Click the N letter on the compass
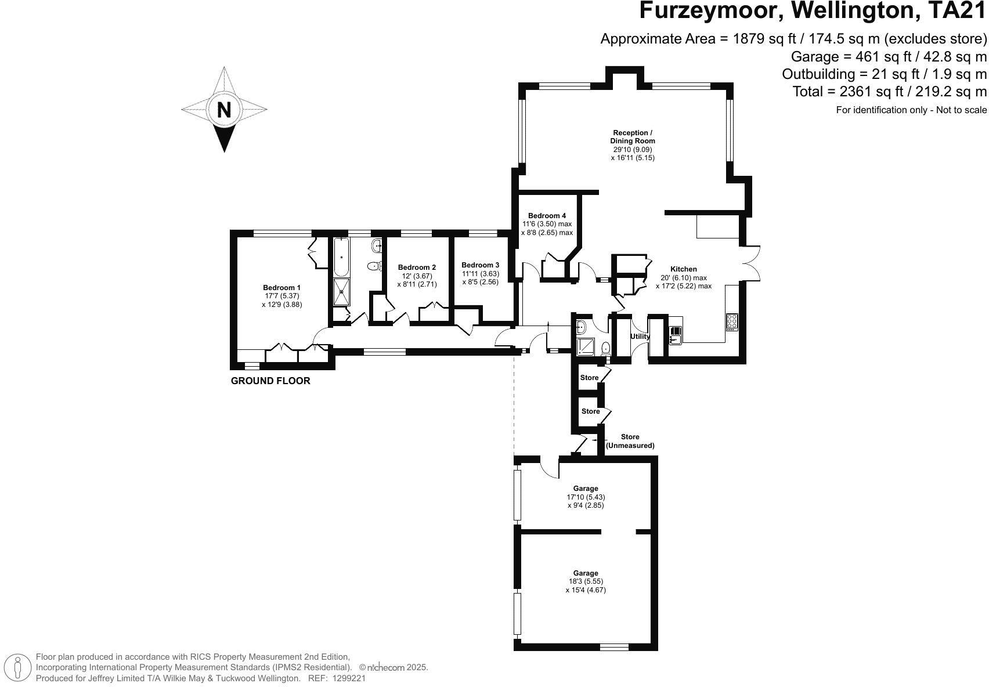[224, 110]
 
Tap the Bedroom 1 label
[281, 288]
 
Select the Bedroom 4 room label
[547, 216]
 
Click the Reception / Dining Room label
[633, 137]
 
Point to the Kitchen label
[683, 269]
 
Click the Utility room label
[640, 337]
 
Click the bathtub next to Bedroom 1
[341, 256]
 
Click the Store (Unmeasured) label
[630, 441]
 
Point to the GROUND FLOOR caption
[270, 381]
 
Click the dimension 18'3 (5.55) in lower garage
[586, 581]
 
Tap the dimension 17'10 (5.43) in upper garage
[586, 497]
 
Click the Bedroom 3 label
[480, 265]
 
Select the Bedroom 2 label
[417, 267]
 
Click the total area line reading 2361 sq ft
[890, 92]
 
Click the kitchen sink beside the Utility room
[675, 335]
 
